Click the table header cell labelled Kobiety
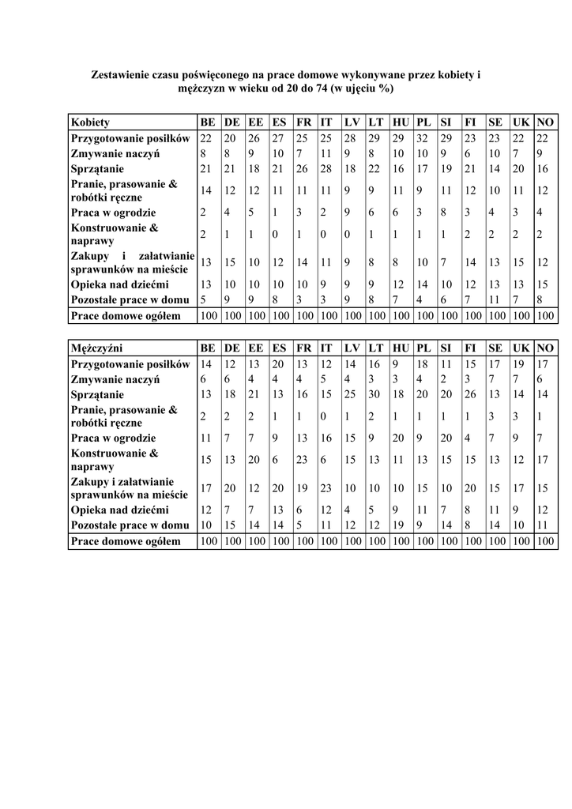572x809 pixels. (x=90, y=122)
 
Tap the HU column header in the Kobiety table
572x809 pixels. (x=401, y=122)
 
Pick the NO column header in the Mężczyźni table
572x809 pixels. (x=545, y=348)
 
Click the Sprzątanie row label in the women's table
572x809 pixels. (x=97, y=169)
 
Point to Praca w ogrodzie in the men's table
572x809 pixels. (x=113, y=438)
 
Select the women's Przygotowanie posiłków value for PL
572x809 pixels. (x=423, y=138)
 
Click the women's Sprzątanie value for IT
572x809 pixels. (x=326, y=169)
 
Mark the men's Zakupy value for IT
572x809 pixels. (x=326, y=487)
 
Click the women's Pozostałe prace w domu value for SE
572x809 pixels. (x=495, y=299)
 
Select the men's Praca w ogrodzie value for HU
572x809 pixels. (x=398, y=438)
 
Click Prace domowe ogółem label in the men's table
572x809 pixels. (x=125, y=541)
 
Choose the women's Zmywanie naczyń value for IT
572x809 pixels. (x=325, y=153)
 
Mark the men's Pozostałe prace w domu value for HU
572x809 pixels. (x=398, y=525)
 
